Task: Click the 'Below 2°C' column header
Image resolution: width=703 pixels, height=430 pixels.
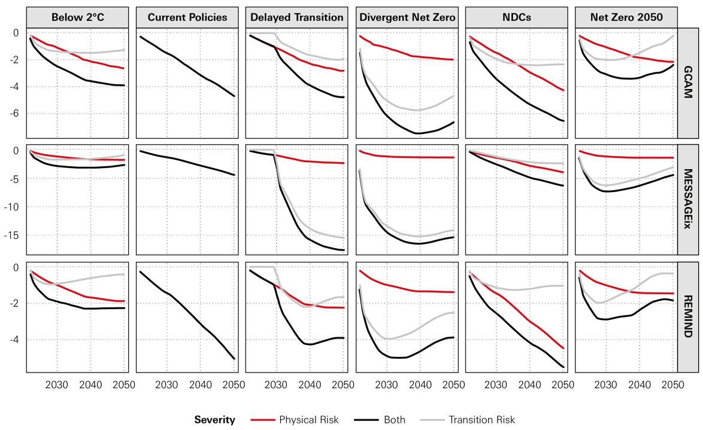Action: click(x=77, y=17)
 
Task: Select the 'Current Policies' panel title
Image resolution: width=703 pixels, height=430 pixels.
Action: click(x=187, y=17)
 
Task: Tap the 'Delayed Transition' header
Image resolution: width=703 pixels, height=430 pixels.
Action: click(x=297, y=17)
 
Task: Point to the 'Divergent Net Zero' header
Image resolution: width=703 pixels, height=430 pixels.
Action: click(x=407, y=17)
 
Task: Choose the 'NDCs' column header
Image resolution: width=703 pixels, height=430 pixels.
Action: click(x=517, y=17)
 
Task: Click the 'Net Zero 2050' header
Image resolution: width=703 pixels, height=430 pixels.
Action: click(x=626, y=17)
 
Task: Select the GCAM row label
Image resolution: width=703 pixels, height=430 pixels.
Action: click(x=688, y=83)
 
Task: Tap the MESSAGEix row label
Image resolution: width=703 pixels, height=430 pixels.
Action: click(x=688, y=199)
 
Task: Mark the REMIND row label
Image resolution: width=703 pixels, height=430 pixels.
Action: click(x=688, y=316)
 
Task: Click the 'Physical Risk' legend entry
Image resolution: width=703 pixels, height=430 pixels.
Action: click(x=309, y=420)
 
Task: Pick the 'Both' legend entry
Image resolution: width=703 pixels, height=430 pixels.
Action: click(x=394, y=420)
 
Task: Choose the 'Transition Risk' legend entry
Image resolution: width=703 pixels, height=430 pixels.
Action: click(x=481, y=420)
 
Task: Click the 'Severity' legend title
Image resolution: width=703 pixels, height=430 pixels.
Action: click(x=214, y=420)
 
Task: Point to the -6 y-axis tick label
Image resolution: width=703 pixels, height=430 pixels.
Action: click(x=14, y=114)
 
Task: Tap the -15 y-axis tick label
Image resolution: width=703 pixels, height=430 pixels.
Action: click(x=12, y=235)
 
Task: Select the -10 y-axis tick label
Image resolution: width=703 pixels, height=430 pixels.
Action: click(x=12, y=207)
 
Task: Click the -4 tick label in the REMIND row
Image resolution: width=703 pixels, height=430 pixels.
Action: click(x=14, y=340)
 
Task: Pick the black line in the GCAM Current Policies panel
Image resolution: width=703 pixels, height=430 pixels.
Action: click(x=187, y=66)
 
